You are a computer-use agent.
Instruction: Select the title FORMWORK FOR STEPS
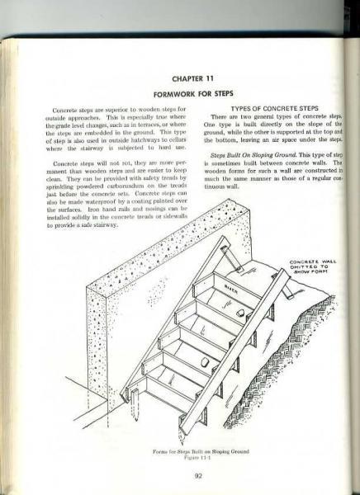(178, 93)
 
